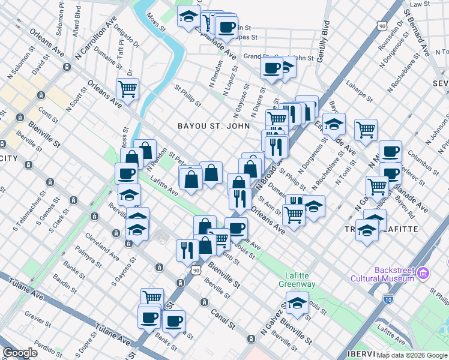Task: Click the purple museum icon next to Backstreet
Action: (424, 274)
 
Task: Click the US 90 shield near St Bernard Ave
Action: (382, 26)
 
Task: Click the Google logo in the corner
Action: (20, 353)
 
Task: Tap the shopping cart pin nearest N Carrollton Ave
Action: (127, 89)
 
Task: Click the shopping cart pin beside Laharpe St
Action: (365, 129)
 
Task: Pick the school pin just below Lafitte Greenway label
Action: (297, 303)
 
